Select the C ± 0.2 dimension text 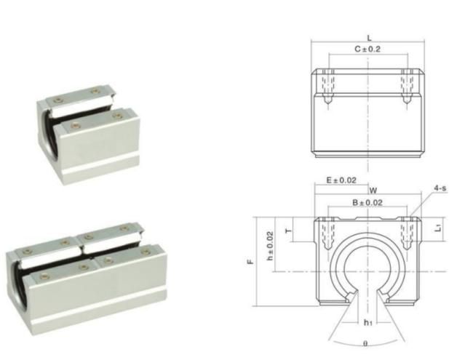pos(367,49)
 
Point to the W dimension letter pos(372,190)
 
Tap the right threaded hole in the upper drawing pos(408,87)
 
